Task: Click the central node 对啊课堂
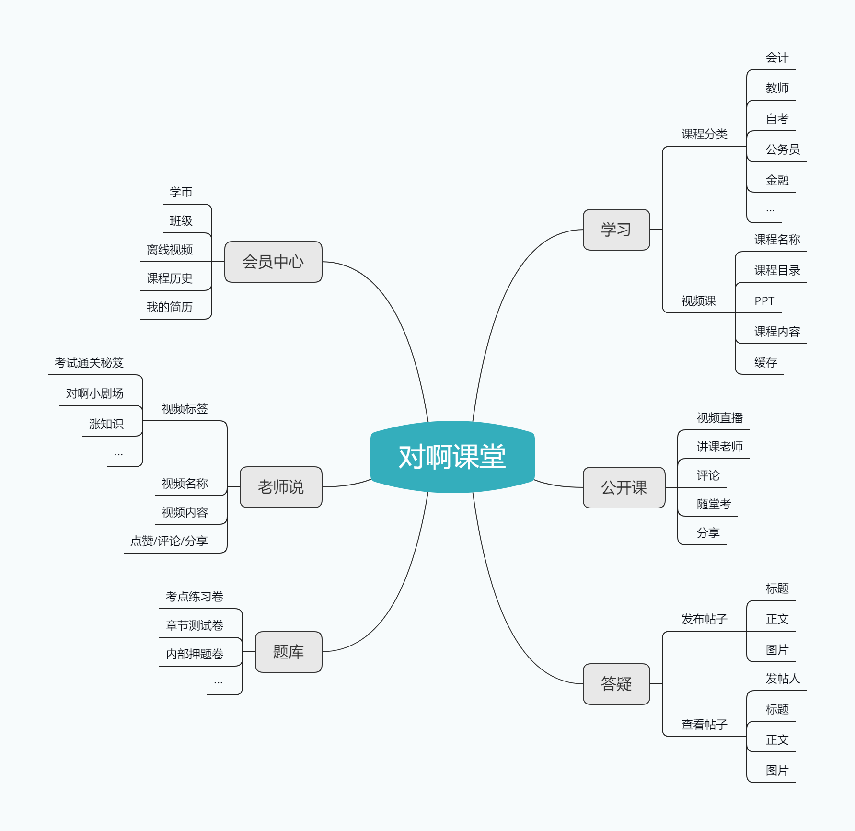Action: pos(452,457)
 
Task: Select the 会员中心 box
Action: pos(273,262)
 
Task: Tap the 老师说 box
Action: pos(281,487)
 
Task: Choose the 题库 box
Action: pos(289,652)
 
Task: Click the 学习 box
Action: pos(616,230)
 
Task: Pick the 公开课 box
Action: pos(624,487)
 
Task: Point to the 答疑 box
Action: pos(616,684)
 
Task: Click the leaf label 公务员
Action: pos(783,150)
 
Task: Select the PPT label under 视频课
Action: pos(764,301)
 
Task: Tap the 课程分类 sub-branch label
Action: pos(705,134)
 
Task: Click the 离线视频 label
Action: pos(170,250)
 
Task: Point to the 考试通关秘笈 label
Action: pos(89,363)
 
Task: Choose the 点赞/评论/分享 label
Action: pos(169,541)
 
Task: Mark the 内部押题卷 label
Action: pos(195,654)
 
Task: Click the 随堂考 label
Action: pos(714,504)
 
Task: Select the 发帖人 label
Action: pos(783,679)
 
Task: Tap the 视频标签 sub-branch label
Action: pos(185,409)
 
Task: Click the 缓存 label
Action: pos(765,362)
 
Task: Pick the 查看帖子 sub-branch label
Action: pos(705,725)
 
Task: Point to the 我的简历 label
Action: pos(169,307)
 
